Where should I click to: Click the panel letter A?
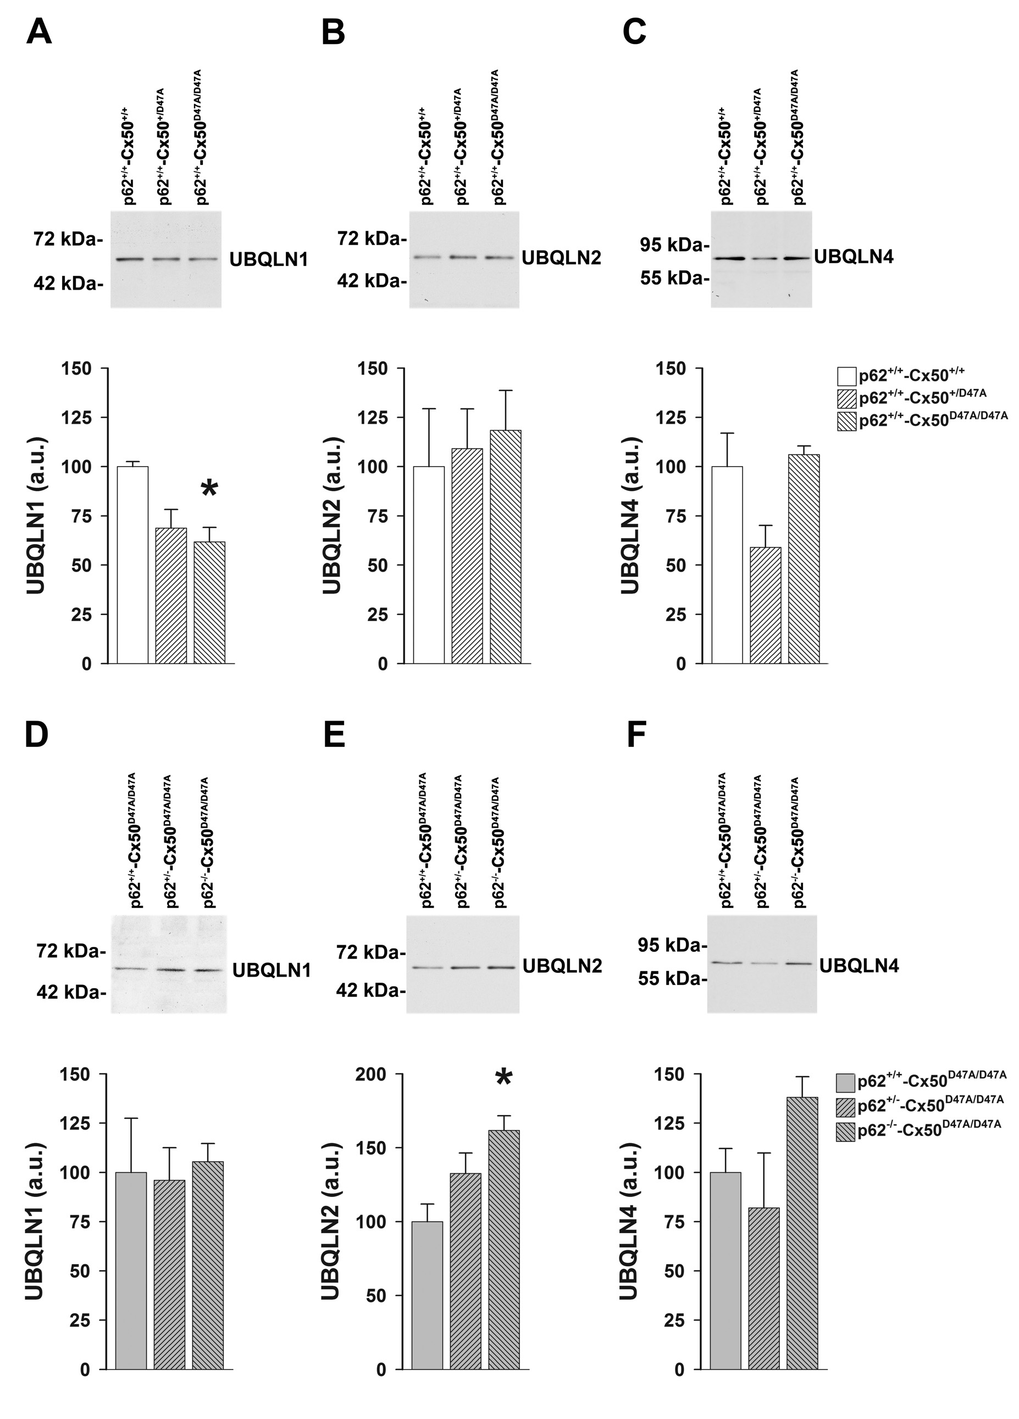coord(39,31)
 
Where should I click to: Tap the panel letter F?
coord(635,735)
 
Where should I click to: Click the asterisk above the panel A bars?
coord(209,488)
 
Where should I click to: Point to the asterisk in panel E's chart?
coord(503,1077)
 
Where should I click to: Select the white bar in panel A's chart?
coord(132,564)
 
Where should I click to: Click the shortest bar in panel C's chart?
coord(765,605)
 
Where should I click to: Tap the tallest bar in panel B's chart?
coord(506,546)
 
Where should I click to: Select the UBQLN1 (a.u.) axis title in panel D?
coord(35,1221)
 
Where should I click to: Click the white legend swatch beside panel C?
coord(846,376)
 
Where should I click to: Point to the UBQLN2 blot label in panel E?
coord(562,966)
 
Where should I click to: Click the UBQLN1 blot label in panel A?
coord(269,259)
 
